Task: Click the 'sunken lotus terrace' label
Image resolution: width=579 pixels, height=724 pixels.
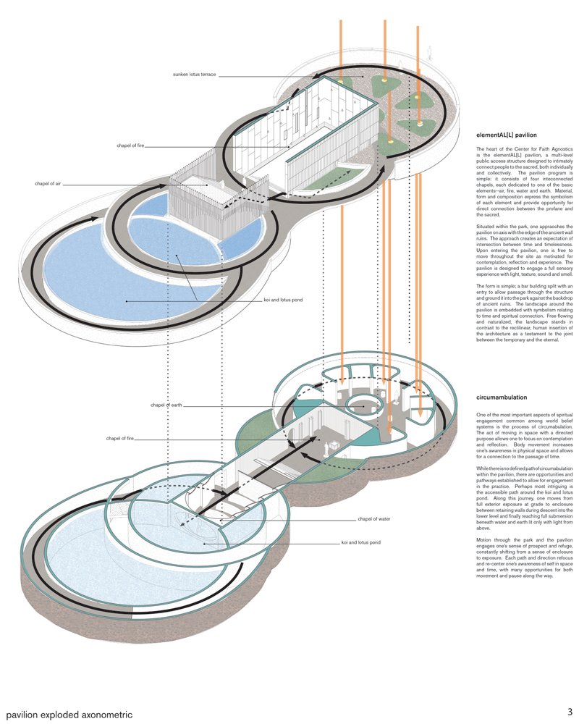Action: tap(194, 75)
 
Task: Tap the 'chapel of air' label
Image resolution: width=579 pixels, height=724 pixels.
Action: tap(48, 185)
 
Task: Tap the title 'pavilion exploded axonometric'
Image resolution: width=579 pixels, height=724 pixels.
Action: tap(69, 714)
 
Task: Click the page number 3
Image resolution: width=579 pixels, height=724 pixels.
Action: tap(570, 712)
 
